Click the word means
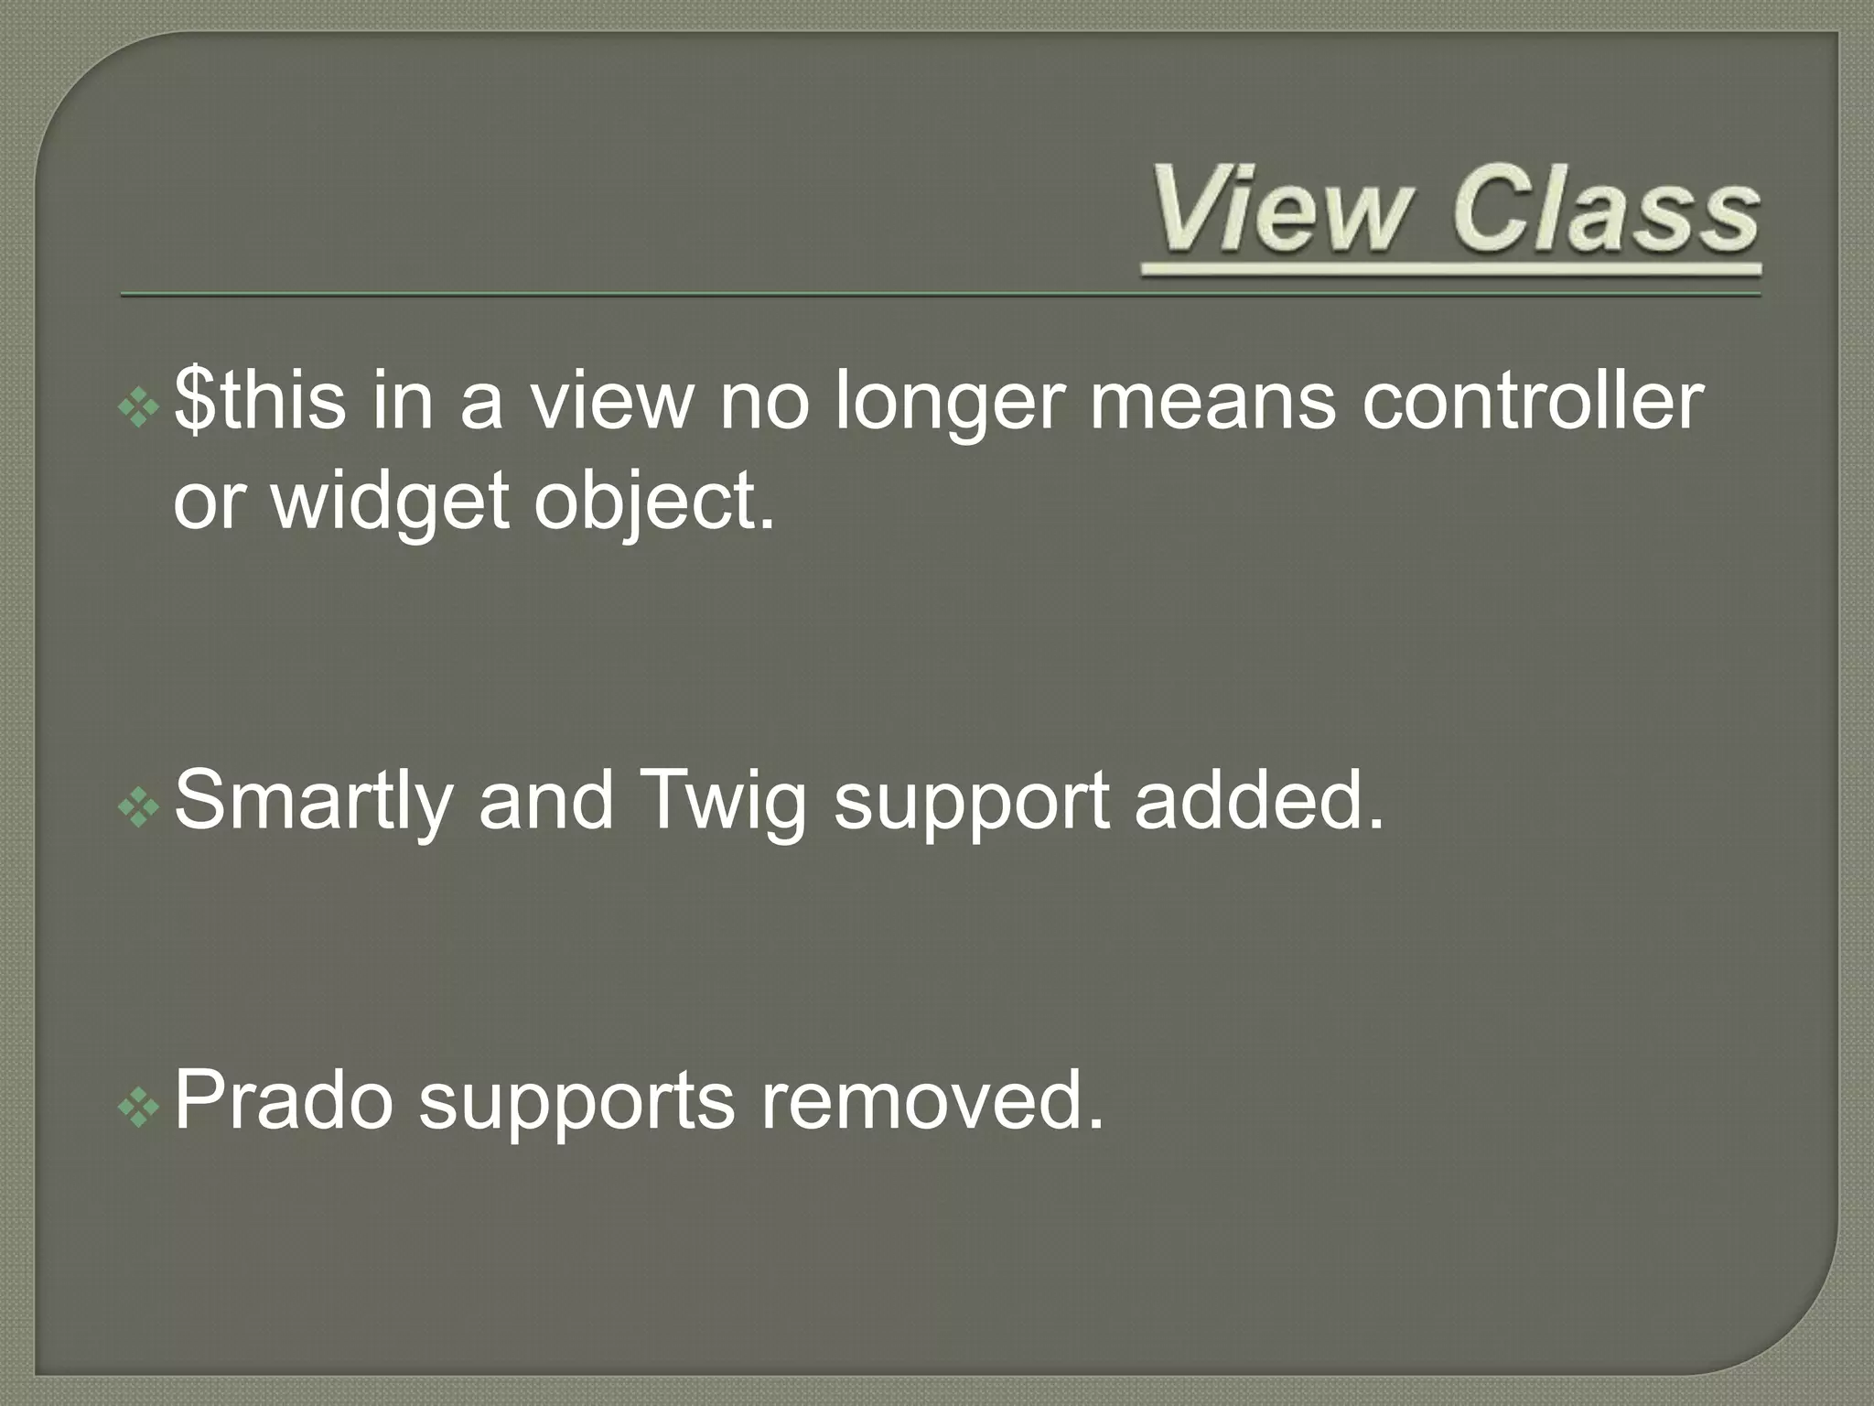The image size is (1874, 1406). [1212, 404]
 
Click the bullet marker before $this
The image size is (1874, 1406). [139, 407]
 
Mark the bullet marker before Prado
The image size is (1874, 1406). [139, 1107]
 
